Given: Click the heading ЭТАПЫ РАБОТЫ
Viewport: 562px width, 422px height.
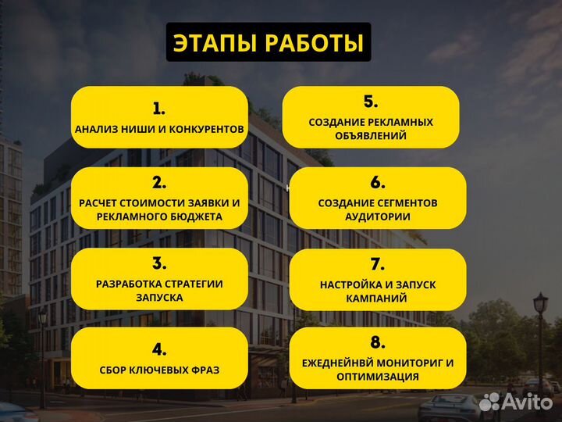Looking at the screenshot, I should tap(269, 43).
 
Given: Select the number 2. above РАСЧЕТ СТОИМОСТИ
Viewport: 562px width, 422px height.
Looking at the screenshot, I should tap(159, 183).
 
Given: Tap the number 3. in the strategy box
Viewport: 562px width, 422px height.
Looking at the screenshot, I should tap(159, 263).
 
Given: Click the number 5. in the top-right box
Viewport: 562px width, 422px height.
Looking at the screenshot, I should tap(370, 102).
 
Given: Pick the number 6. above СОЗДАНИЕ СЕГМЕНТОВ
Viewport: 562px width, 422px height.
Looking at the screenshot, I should tap(378, 183).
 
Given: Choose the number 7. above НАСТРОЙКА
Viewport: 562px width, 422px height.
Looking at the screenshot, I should tap(378, 263).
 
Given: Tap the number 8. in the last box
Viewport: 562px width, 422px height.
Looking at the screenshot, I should tap(378, 342).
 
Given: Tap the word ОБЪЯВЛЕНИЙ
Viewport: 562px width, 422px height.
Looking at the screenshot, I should tap(370, 135).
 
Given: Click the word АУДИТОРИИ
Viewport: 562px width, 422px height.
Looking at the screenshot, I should tap(378, 216).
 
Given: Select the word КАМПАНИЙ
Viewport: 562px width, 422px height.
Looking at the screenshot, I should tap(378, 299).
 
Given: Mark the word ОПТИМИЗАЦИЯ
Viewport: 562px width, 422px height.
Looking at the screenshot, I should tap(378, 377).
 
